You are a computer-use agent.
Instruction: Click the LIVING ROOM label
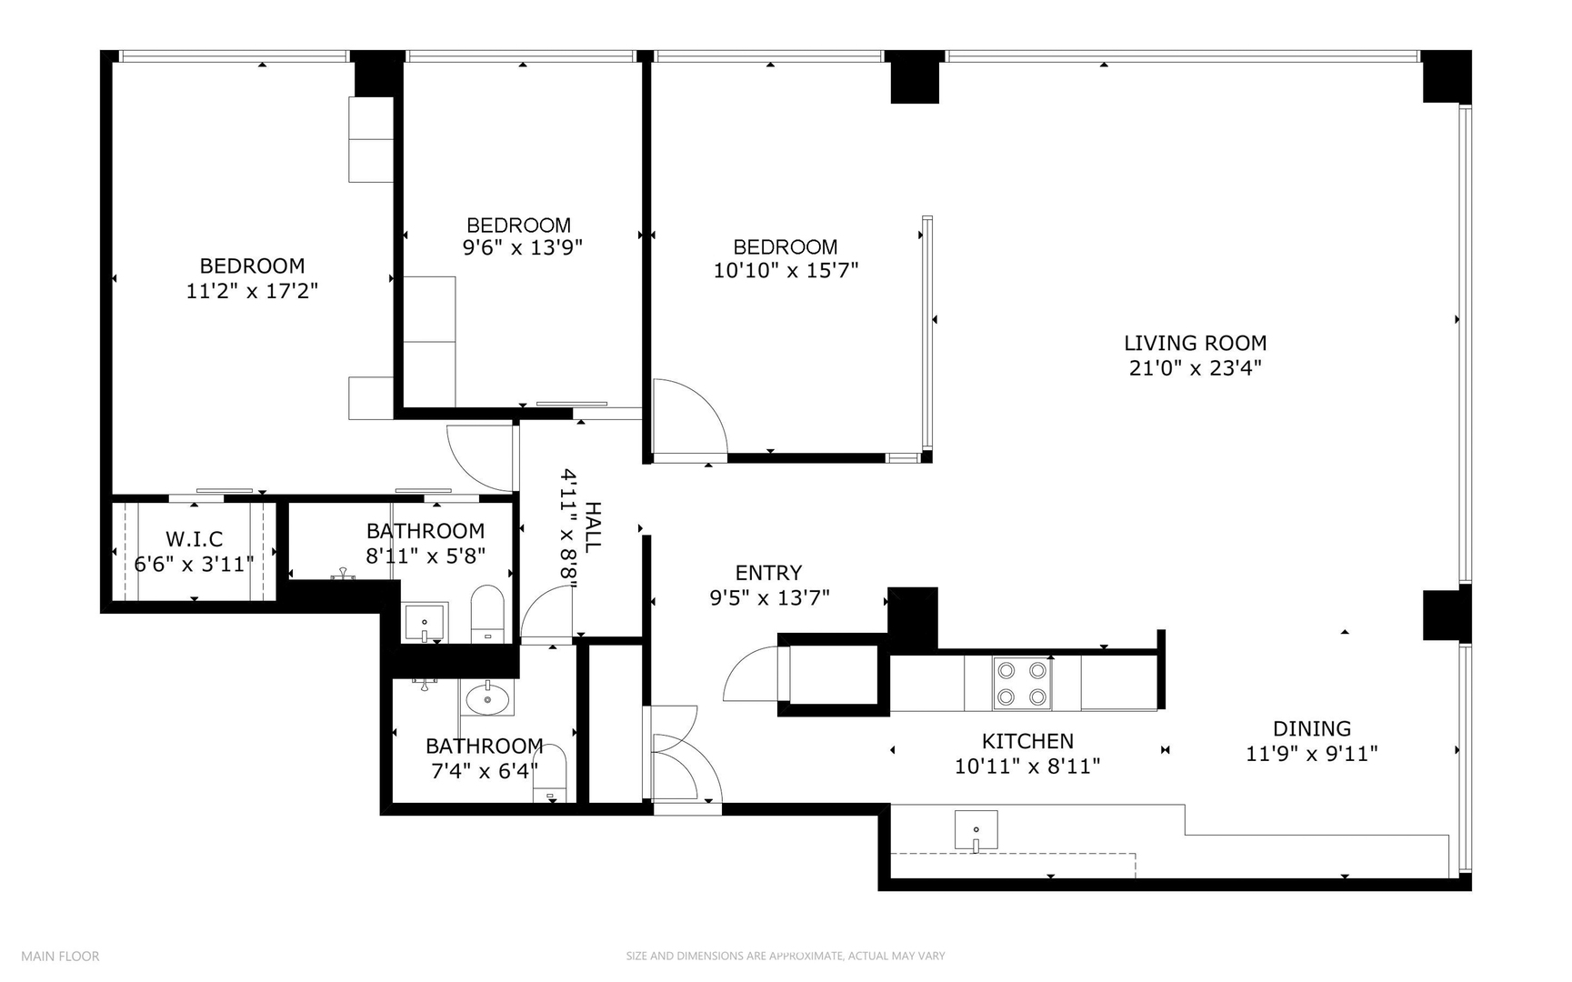click(x=1195, y=343)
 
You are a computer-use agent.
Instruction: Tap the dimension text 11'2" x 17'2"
click(x=252, y=291)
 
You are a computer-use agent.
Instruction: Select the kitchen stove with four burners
click(x=1021, y=684)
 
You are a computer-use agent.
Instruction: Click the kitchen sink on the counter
click(x=976, y=830)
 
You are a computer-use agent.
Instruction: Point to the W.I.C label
click(x=194, y=539)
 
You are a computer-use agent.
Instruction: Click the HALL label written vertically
click(x=592, y=527)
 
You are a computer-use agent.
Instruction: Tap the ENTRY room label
click(x=768, y=573)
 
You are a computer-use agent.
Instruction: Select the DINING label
click(x=1311, y=728)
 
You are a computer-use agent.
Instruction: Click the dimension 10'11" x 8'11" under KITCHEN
click(x=1027, y=767)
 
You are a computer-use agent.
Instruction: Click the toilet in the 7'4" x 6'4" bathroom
click(x=550, y=774)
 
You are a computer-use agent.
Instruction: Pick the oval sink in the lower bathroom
click(x=488, y=699)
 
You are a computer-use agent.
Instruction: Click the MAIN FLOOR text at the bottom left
click(x=60, y=956)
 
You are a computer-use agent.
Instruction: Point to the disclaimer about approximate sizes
click(x=785, y=956)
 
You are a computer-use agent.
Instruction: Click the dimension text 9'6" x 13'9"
click(x=522, y=247)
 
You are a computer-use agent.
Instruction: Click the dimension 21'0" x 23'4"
click(x=1195, y=368)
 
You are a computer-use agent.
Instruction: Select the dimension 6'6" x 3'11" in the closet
click(x=194, y=565)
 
